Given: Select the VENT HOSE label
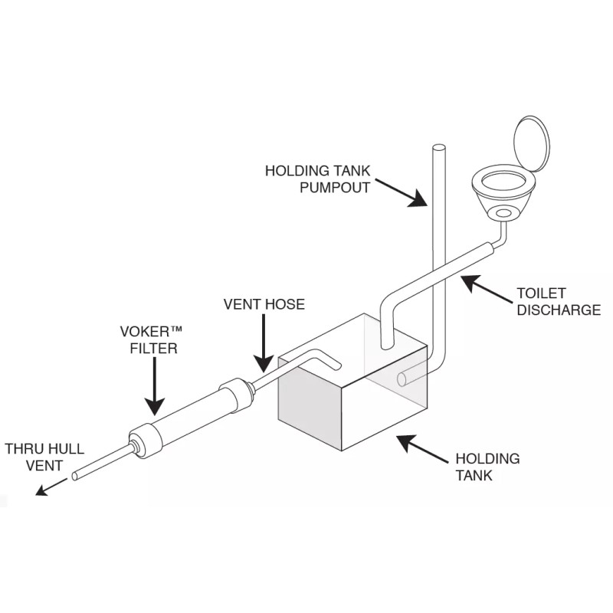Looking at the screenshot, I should tap(264, 304).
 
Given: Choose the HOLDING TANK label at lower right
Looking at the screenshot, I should tap(487, 467).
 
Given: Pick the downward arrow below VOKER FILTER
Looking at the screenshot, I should tap(153, 391).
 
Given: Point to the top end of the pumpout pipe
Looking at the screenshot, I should tap(440, 146).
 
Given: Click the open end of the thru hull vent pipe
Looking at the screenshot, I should tap(75, 477).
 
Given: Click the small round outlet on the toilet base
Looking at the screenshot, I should tap(503, 212).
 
